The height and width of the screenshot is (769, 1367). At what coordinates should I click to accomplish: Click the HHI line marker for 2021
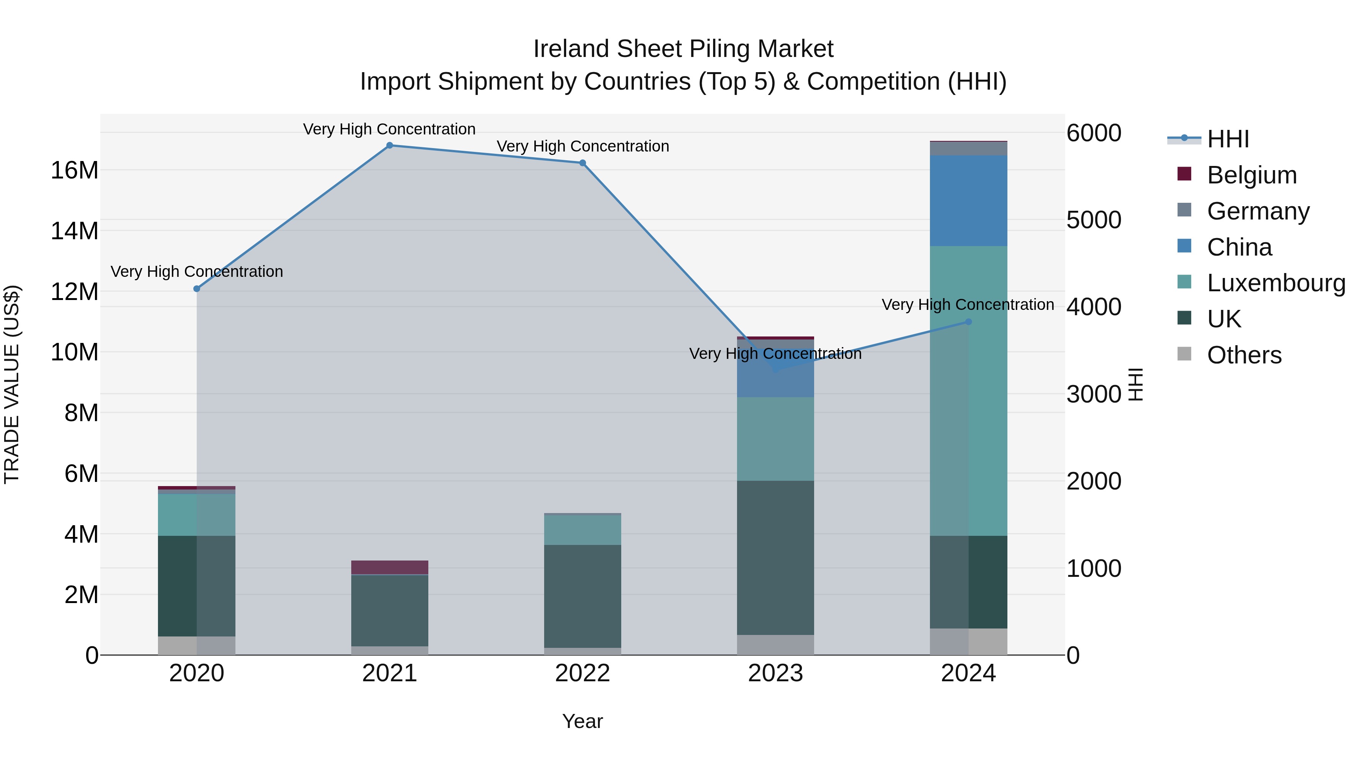click(390, 145)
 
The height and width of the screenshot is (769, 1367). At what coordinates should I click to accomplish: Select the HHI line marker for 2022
click(582, 163)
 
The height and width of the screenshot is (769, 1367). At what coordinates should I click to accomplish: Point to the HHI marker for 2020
click(197, 289)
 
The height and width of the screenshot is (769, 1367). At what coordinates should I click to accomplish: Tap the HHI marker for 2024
click(968, 322)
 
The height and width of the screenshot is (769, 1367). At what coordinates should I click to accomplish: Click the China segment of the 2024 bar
click(968, 201)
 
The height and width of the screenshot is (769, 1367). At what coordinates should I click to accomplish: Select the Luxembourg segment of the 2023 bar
click(775, 439)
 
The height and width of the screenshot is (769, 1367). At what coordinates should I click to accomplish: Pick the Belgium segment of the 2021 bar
click(390, 567)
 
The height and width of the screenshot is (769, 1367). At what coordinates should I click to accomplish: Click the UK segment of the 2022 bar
click(582, 596)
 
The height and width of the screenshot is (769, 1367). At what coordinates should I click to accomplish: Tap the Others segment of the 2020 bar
click(197, 645)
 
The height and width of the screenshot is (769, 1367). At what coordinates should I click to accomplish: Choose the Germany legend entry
click(1258, 211)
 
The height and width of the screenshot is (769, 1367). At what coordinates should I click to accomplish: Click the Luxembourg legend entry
click(1276, 283)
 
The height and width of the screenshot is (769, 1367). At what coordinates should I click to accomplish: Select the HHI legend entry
click(1227, 139)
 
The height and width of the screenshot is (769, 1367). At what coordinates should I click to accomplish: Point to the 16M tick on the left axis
click(74, 171)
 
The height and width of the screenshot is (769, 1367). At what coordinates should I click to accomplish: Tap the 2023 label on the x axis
click(775, 673)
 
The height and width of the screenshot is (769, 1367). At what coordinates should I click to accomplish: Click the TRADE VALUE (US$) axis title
click(12, 384)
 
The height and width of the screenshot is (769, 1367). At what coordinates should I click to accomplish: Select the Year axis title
click(582, 721)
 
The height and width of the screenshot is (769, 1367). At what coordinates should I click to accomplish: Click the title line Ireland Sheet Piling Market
click(683, 49)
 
